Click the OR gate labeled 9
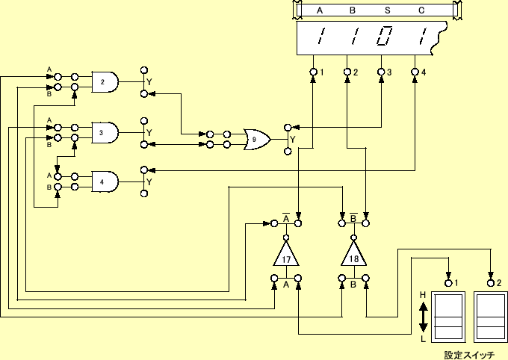[258, 139]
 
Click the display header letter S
[387, 10]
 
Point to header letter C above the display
[421, 10]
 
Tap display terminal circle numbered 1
[313, 72]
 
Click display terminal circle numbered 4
[415, 72]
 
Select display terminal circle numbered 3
[381, 72]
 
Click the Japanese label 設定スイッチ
[469, 355]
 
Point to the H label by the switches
[423, 296]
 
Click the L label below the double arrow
[423, 338]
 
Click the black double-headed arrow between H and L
[423, 317]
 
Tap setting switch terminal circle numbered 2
[491, 283]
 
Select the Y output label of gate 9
[292, 139]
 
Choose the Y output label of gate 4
[149, 181]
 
